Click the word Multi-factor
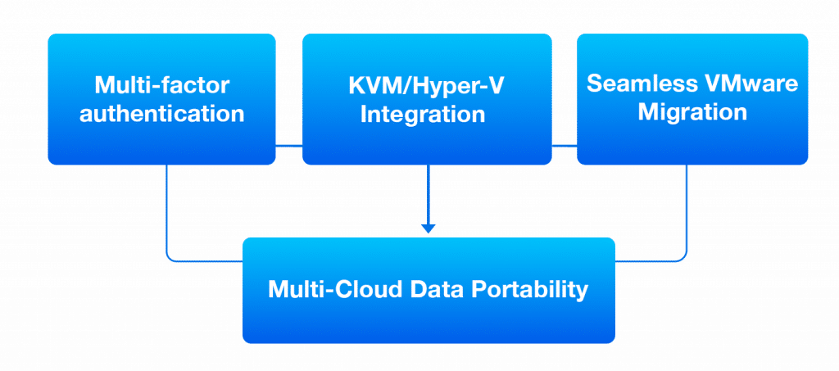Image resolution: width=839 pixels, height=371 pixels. (x=161, y=84)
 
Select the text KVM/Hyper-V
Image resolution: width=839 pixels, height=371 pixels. (x=427, y=84)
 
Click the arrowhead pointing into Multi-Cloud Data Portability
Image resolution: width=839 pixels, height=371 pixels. (x=428, y=228)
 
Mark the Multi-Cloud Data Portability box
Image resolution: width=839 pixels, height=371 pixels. (x=429, y=323)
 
